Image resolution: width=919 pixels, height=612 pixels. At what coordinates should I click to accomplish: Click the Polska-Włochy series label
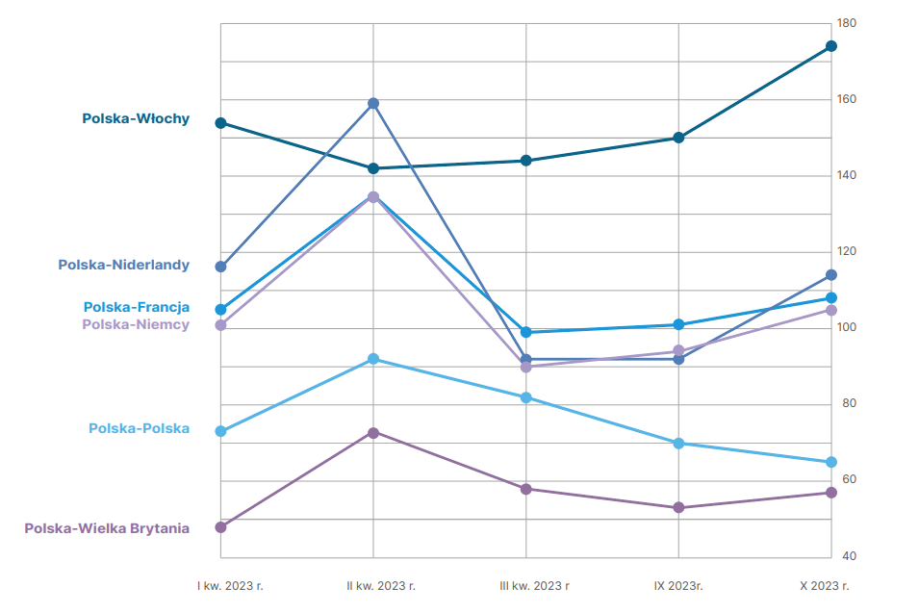(136, 119)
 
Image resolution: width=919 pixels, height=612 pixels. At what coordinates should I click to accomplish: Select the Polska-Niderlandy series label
(124, 265)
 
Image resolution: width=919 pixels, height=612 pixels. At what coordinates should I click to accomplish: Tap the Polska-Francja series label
(137, 307)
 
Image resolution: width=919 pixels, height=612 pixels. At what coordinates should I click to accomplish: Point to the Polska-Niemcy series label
(136, 324)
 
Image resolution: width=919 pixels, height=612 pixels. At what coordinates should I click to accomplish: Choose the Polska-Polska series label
(140, 428)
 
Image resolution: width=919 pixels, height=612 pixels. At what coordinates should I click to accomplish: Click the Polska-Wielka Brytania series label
(107, 527)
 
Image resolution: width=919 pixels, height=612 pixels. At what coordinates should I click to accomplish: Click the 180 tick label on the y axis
(847, 23)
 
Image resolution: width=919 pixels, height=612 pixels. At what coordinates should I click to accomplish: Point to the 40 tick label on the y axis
(847, 556)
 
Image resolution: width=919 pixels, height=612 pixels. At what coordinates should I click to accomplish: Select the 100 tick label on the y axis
(847, 328)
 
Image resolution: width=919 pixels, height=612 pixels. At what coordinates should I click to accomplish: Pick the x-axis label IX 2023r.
(678, 584)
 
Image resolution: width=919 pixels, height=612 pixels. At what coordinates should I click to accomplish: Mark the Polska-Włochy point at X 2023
(831, 46)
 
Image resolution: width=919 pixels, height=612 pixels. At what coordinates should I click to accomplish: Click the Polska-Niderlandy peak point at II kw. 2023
(373, 103)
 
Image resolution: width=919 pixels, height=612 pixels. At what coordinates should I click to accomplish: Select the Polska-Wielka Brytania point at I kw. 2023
(220, 527)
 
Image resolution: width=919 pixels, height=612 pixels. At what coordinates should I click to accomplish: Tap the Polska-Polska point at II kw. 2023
(373, 359)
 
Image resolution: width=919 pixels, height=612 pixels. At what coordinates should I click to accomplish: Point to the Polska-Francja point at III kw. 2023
(526, 332)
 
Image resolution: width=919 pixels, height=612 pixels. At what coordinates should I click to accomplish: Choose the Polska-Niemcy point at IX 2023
(678, 351)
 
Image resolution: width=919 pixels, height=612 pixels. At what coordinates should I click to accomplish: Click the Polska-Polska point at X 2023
(831, 462)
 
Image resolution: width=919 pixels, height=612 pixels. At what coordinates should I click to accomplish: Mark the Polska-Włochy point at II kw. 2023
(373, 168)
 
